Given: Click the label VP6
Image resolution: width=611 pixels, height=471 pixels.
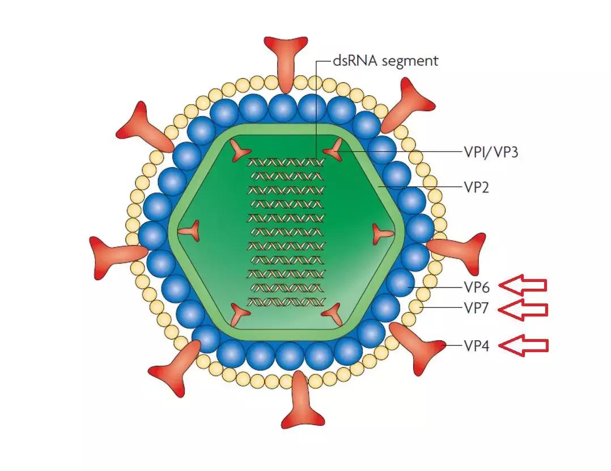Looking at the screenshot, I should click(x=476, y=286).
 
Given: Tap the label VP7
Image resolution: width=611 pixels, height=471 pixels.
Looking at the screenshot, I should click(x=476, y=309).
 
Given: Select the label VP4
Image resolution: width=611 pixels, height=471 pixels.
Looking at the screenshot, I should click(x=476, y=345).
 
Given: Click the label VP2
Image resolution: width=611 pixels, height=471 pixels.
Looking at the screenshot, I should click(x=476, y=187).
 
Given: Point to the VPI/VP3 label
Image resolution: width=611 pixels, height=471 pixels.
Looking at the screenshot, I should click(x=491, y=152).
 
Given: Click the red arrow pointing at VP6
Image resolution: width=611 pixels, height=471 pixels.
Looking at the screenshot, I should click(x=525, y=285).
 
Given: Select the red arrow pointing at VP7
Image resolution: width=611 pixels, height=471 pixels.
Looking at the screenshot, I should click(x=525, y=309).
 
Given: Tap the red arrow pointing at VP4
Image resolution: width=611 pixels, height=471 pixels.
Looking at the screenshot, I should click(x=525, y=345).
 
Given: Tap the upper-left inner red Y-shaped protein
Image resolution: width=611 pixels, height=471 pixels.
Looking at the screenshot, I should click(x=240, y=150).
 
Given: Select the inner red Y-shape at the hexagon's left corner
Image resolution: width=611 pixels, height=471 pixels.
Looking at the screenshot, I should click(x=191, y=230).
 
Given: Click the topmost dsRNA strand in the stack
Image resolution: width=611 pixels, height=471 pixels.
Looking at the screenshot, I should click(x=286, y=162).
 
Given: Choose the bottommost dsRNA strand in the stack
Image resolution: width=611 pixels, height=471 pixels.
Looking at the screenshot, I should click(x=286, y=302).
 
